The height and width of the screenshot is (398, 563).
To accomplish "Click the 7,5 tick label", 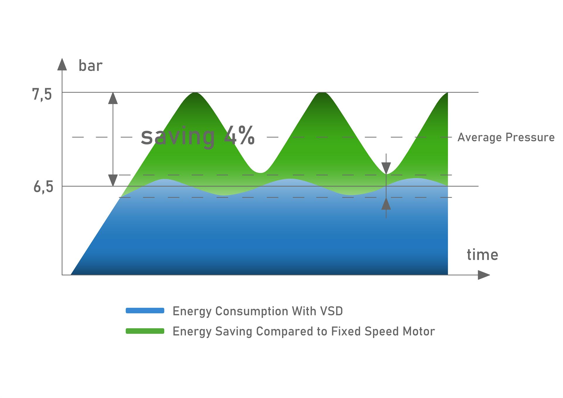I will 42,95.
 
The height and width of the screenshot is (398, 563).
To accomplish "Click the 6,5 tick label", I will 43,187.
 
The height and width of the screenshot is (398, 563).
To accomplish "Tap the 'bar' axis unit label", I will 90,66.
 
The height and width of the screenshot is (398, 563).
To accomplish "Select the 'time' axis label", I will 482,255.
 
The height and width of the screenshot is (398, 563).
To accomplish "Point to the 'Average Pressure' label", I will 506,137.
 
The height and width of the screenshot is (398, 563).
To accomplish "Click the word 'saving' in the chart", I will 178,137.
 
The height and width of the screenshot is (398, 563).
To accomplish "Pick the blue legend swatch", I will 145,311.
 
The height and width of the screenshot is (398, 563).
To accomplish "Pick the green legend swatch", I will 145,331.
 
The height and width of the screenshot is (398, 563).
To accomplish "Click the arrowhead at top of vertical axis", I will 62,64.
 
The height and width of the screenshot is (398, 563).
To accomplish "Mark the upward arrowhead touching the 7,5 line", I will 113,98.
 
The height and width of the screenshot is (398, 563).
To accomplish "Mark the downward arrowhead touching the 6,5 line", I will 113,180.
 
